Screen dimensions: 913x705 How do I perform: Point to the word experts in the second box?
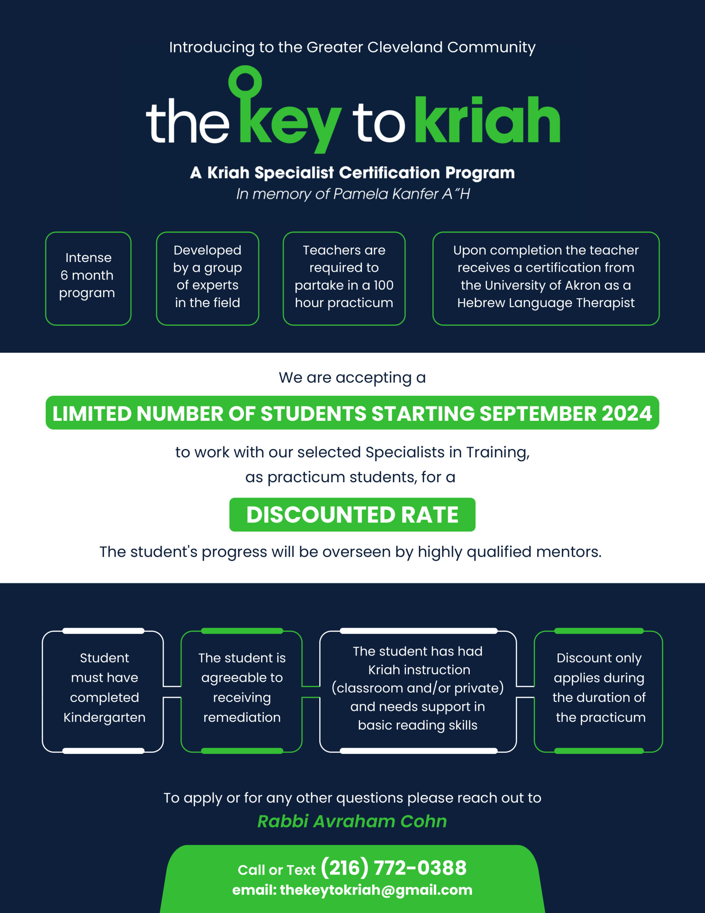pyautogui.click(x=207, y=285)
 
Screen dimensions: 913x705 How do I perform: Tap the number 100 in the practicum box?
pyautogui.click(x=383, y=285)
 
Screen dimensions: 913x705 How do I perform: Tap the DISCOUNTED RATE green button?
pyautogui.click(x=352, y=515)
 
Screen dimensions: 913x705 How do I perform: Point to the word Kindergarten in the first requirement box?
pyautogui.click(x=104, y=717)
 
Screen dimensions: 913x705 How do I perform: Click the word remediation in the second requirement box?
pyautogui.click(x=242, y=717)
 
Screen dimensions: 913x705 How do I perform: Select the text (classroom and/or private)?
pyautogui.click(x=417, y=688)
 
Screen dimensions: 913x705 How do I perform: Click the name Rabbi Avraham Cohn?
pyautogui.click(x=352, y=821)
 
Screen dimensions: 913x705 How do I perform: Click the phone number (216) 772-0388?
pyautogui.click(x=393, y=867)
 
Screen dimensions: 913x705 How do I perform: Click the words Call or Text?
pyautogui.click(x=276, y=870)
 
